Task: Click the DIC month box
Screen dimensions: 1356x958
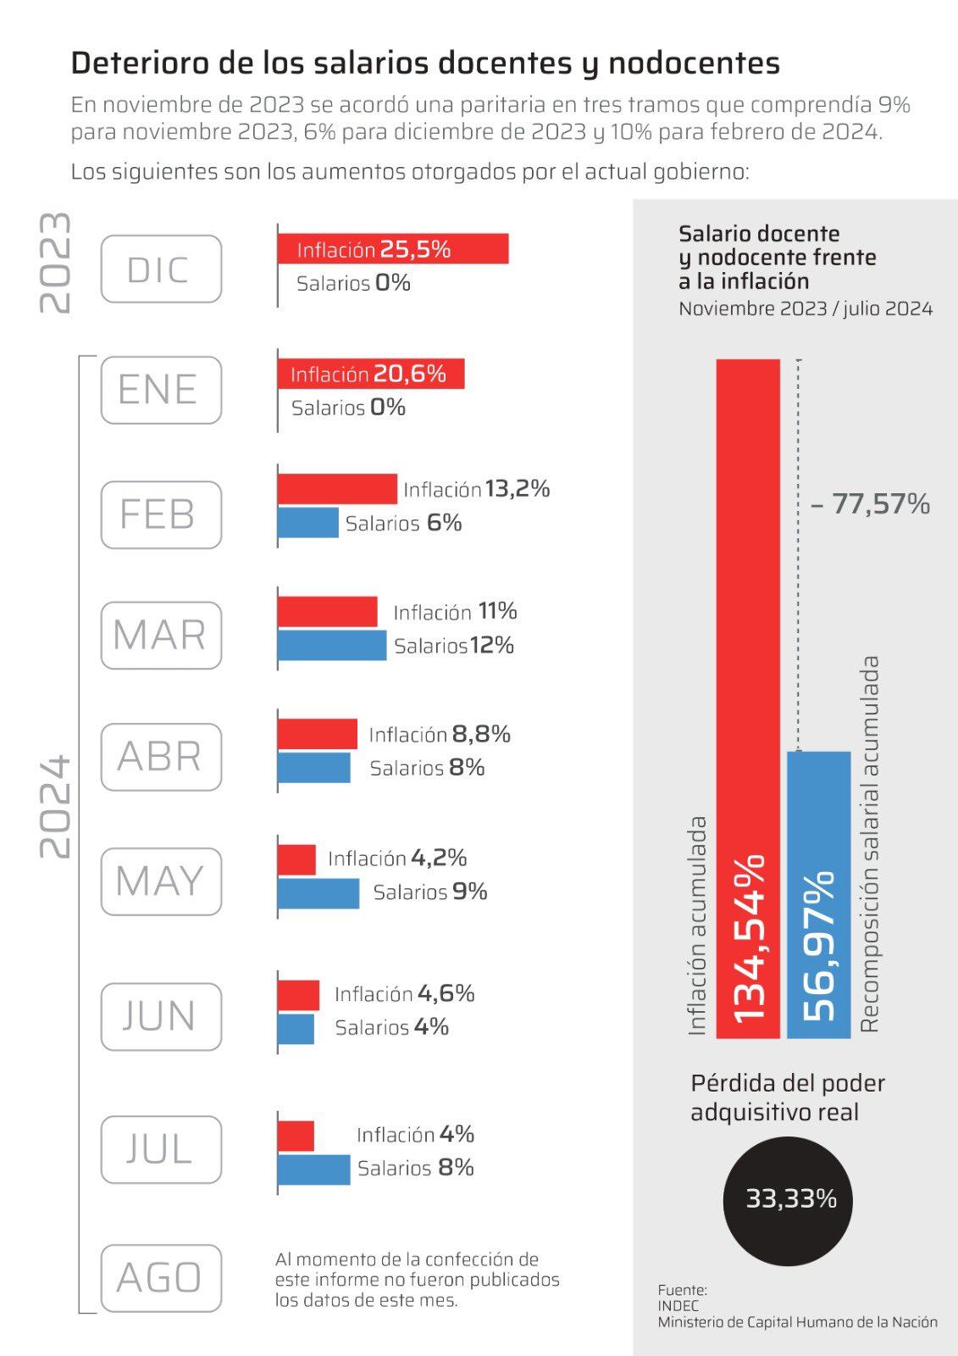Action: click(161, 270)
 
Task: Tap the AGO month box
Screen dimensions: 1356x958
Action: click(161, 1277)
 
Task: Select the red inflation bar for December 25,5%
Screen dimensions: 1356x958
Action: click(393, 249)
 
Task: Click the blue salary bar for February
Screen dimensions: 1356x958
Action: click(307, 522)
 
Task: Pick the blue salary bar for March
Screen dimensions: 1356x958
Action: click(331, 645)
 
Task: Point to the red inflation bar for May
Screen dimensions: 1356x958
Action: click(296, 859)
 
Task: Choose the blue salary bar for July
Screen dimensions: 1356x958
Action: click(313, 1169)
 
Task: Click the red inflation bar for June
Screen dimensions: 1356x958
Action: click(298, 995)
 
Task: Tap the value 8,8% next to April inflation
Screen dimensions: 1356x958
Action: click(481, 734)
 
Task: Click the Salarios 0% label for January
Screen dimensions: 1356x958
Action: click(348, 408)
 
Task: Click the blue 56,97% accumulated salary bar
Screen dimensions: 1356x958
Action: click(818, 894)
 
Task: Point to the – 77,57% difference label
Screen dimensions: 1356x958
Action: click(870, 504)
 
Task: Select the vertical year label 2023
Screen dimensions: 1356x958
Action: click(56, 263)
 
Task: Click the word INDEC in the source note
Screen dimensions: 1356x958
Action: click(678, 1306)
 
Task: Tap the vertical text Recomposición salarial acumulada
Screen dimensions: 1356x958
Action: click(870, 843)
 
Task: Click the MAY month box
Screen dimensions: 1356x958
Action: click(161, 881)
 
